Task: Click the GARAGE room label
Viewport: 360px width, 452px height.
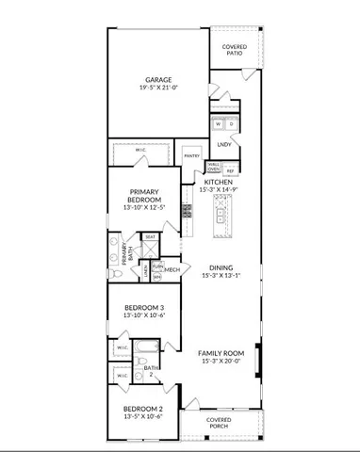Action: [x=157, y=79]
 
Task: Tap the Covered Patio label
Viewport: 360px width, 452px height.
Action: [x=235, y=50]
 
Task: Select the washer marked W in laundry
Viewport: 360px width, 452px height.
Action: [x=219, y=124]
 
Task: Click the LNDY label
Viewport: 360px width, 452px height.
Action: [x=224, y=144]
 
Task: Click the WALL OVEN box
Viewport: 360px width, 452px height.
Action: [x=214, y=169]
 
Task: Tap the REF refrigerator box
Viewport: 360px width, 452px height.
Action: [x=230, y=170]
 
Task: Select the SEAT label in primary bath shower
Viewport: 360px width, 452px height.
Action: [x=150, y=237]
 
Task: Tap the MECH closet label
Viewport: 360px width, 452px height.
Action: [x=172, y=269]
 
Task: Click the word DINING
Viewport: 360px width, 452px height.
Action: [x=221, y=266]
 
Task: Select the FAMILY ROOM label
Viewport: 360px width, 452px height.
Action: [x=221, y=354]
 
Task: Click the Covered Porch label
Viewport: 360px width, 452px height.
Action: [x=220, y=423]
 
